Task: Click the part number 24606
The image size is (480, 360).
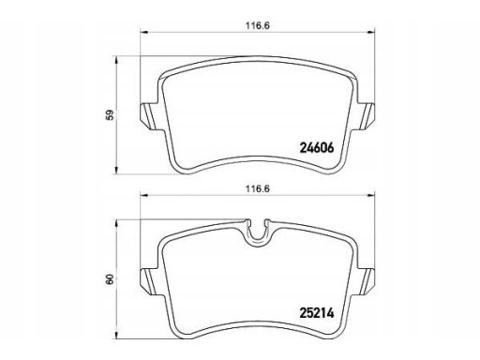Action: [317, 147]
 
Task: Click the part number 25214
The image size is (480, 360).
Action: [317, 313]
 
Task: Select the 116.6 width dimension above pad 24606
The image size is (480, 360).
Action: [257, 26]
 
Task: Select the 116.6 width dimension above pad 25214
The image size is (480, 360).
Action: [257, 189]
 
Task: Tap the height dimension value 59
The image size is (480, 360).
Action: [110, 115]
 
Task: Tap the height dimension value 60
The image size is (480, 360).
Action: [110, 279]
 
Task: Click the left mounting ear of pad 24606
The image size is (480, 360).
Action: [149, 116]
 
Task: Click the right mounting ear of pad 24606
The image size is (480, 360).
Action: [365, 116]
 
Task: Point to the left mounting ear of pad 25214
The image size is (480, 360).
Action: [149, 281]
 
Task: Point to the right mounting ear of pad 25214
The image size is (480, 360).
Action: [365, 281]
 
